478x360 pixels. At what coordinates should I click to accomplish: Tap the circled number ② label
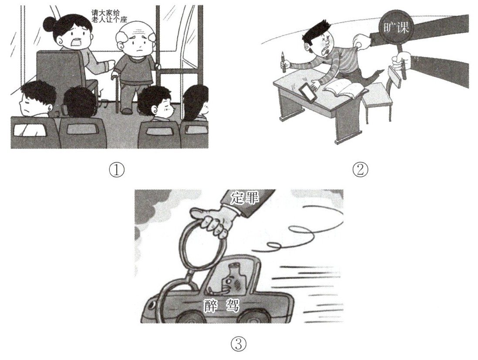point(360,169)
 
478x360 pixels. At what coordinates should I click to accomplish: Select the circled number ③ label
point(239,344)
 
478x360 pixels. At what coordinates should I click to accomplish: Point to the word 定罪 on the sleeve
point(245,199)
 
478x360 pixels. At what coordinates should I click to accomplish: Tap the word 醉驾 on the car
point(220,305)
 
